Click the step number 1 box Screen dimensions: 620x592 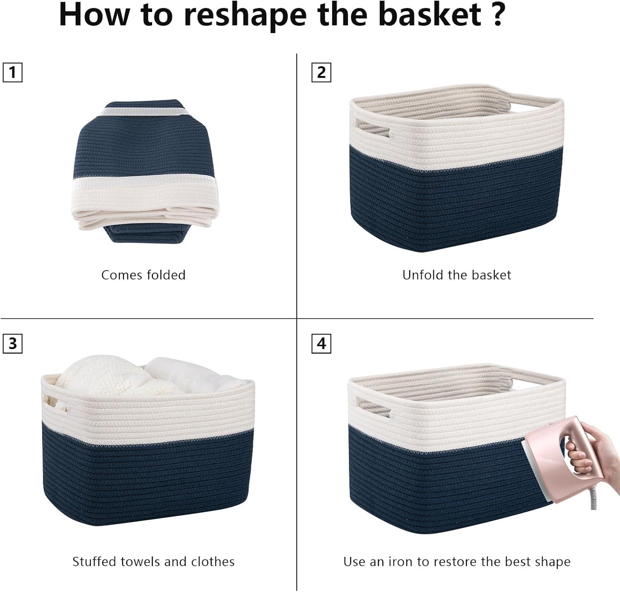pyautogui.click(x=12, y=73)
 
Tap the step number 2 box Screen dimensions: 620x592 pyautogui.click(x=321, y=73)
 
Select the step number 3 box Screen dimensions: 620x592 pyautogui.click(x=12, y=344)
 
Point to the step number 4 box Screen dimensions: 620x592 pyautogui.click(x=321, y=344)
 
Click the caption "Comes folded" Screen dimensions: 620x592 pyautogui.click(x=143, y=275)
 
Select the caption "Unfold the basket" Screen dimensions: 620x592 pyautogui.click(x=457, y=275)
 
